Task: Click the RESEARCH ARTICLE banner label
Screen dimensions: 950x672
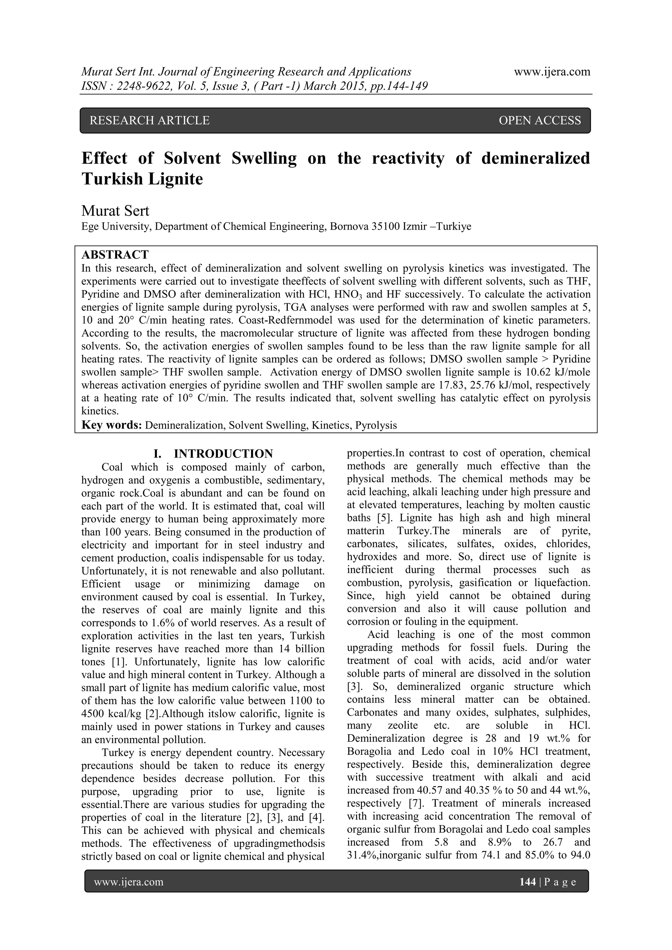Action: [150, 120]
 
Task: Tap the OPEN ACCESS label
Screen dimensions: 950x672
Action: [539, 120]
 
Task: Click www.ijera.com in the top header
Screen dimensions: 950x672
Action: [552, 72]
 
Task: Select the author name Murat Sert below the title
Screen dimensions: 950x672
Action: [115, 211]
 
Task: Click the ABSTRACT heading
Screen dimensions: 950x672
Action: [115, 254]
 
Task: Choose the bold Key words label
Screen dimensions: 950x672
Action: [112, 425]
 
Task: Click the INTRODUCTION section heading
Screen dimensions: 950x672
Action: [223, 454]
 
